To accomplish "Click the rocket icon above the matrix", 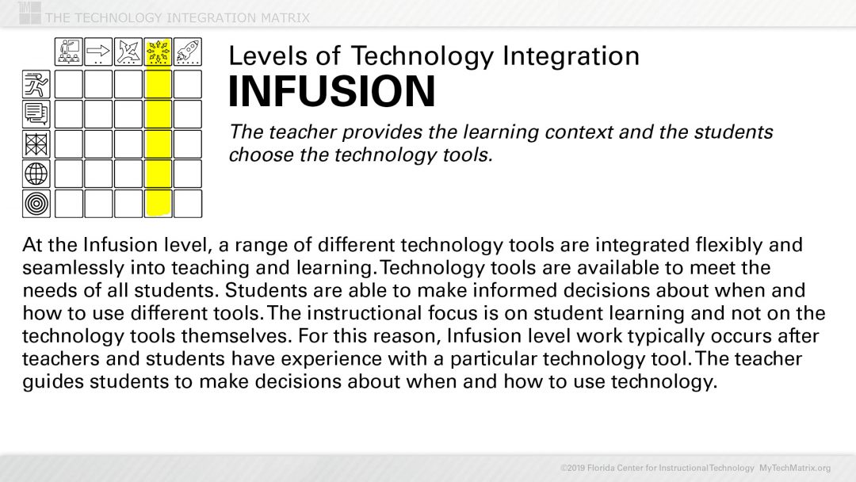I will [188, 52].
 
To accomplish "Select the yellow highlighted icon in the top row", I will [159, 52].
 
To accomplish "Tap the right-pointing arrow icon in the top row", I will [98, 52].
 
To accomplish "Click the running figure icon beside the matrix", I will [36, 83].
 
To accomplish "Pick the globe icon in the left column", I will [36, 173].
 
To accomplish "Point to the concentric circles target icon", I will [36, 203].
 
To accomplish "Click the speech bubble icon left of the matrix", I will [36, 113].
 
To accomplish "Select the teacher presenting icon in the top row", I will [68, 52].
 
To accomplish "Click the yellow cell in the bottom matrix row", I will [159, 204].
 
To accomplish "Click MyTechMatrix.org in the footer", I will [795, 468].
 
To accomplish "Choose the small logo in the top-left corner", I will [29, 12].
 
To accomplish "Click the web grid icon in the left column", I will [36, 143].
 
